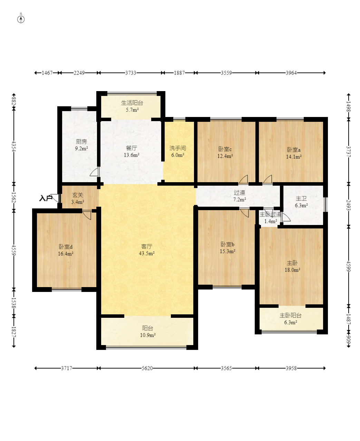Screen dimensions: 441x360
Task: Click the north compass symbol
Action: click(x=21, y=19)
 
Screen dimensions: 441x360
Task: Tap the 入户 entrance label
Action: click(x=46, y=198)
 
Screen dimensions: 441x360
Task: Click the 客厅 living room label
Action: click(x=147, y=246)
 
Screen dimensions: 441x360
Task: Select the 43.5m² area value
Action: click(x=147, y=253)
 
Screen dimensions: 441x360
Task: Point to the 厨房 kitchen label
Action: click(x=81, y=141)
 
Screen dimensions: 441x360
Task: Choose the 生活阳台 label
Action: click(x=132, y=103)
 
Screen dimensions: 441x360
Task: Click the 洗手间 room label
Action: click(x=177, y=148)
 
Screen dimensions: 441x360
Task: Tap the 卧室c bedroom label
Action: click(x=225, y=149)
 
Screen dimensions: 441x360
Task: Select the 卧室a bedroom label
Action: click(x=294, y=150)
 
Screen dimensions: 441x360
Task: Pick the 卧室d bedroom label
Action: click(x=66, y=247)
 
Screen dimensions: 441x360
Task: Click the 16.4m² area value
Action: click(x=66, y=254)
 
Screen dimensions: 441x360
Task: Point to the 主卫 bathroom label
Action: click(x=301, y=198)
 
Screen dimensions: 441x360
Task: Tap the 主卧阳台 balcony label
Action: click(x=290, y=315)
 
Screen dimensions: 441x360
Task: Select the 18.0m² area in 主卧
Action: click(x=292, y=270)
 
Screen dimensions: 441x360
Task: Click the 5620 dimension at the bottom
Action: click(x=147, y=368)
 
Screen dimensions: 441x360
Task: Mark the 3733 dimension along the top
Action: click(x=130, y=73)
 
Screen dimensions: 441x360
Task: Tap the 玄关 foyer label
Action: click(x=78, y=195)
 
